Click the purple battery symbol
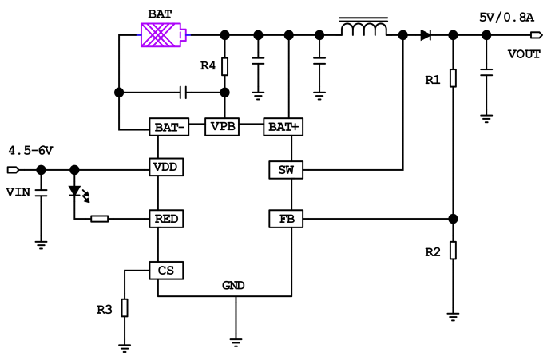pyautogui.click(x=163, y=35)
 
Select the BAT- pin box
pyautogui.click(x=167, y=126)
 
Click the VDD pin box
pyautogui.click(x=167, y=168)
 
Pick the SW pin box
pyautogui.click(x=285, y=169)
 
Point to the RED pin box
pyautogui.click(x=167, y=218)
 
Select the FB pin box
pyautogui.click(x=285, y=219)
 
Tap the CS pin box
pyautogui.click(x=167, y=271)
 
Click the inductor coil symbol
pyautogui.click(x=364, y=30)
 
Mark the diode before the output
pyautogui.click(x=426, y=34)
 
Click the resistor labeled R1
pyautogui.click(x=453, y=78)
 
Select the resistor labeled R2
pyautogui.click(x=453, y=251)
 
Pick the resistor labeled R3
pyautogui.click(x=125, y=307)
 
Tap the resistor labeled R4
pyautogui.click(x=224, y=66)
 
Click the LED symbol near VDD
pyautogui.click(x=75, y=192)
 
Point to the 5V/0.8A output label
pyautogui.click(x=506, y=17)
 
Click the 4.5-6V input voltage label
pyautogui.click(x=30, y=150)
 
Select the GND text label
pyautogui.click(x=233, y=285)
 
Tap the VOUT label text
pyautogui.click(x=524, y=53)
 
